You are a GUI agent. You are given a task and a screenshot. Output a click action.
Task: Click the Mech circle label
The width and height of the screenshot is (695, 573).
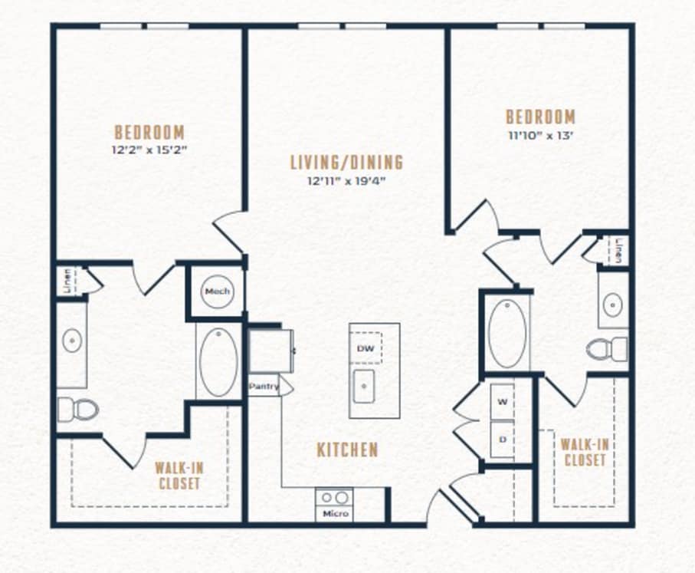pyautogui.click(x=218, y=291)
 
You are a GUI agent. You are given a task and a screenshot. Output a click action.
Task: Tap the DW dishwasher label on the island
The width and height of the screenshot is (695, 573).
pyautogui.click(x=366, y=348)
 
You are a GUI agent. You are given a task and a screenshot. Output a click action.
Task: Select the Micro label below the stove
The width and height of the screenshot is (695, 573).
pyautogui.click(x=336, y=513)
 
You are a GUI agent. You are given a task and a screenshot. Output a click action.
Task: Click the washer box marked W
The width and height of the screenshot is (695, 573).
pyautogui.click(x=502, y=402)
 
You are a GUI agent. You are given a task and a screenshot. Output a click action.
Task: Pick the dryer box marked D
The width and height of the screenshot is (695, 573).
pyautogui.click(x=502, y=440)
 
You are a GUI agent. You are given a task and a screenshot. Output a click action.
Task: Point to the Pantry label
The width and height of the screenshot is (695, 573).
pyautogui.click(x=264, y=386)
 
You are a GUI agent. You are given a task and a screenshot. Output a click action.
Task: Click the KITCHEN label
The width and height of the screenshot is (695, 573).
pyautogui.click(x=348, y=450)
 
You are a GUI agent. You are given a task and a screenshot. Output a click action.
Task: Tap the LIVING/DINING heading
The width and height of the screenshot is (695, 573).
pyautogui.click(x=346, y=162)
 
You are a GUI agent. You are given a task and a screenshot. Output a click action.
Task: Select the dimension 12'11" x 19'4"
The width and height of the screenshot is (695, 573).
pyautogui.click(x=346, y=180)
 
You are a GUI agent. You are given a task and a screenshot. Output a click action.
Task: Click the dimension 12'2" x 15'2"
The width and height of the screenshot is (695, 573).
pyautogui.click(x=149, y=150)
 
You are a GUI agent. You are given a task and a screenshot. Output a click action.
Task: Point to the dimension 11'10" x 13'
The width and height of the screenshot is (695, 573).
pyautogui.click(x=541, y=135)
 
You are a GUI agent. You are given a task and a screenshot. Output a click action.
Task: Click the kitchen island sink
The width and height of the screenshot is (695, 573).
pyautogui.click(x=364, y=386)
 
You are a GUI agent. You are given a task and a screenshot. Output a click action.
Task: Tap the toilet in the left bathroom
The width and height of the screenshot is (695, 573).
pyautogui.click(x=77, y=409)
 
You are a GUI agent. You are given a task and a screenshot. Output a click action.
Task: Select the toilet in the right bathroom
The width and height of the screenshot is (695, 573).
pyautogui.click(x=607, y=348)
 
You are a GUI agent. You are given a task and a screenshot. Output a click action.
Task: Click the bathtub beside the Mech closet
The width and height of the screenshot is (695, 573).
pyautogui.click(x=218, y=362)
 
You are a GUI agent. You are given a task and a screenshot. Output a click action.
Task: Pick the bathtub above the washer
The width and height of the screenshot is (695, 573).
pyautogui.click(x=507, y=334)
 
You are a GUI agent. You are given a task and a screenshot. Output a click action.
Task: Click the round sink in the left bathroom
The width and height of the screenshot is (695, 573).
pyautogui.click(x=71, y=341)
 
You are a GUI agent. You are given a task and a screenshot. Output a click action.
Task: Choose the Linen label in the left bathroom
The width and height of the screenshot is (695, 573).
pyautogui.click(x=67, y=281)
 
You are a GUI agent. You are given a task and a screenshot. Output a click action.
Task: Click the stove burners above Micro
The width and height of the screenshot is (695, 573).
pyautogui.click(x=335, y=498)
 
